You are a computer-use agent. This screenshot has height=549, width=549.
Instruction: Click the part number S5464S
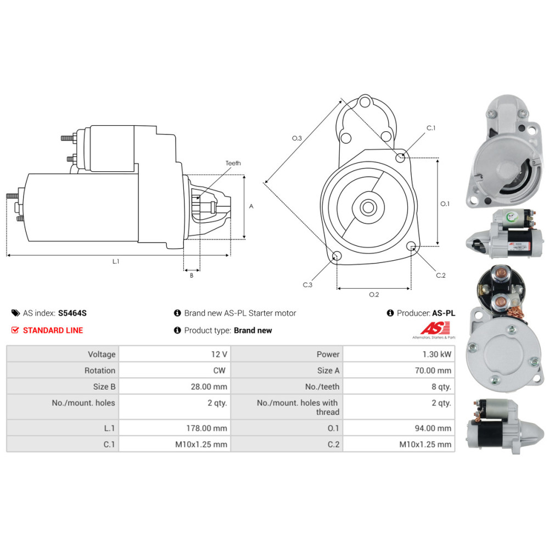pyautogui.click(x=72, y=313)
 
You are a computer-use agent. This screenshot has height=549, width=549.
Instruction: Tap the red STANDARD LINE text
pyautogui.click(x=53, y=330)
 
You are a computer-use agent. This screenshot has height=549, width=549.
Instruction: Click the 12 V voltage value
pyautogui.click(x=219, y=354)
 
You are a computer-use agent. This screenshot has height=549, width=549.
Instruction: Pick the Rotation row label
pyautogui.click(x=100, y=371)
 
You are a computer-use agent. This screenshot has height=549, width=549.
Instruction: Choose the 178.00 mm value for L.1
pyautogui.click(x=206, y=428)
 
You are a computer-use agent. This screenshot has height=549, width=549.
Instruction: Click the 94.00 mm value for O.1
pyautogui.click(x=433, y=428)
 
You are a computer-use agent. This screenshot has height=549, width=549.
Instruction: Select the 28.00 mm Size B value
pyautogui.click(x=209, y=386)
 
